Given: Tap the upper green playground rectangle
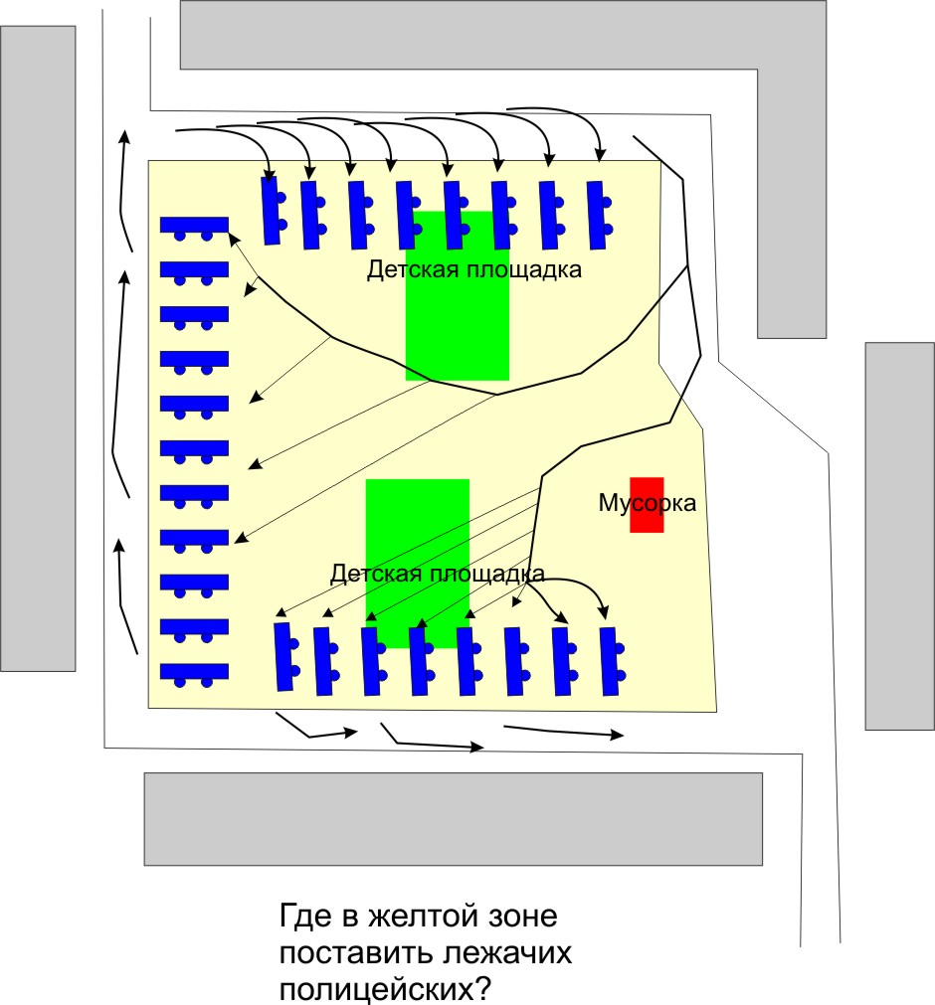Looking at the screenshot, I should (457, 328).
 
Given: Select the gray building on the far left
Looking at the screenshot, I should (38, 348).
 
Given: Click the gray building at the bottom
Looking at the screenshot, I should (454, 818).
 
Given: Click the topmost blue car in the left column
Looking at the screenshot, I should (194, 226).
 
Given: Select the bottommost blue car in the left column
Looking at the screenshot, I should (194, 672).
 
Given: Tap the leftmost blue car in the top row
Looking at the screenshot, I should (271, 211).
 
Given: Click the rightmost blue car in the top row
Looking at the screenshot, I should (598, 215).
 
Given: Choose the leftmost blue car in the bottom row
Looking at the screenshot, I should (284, 656).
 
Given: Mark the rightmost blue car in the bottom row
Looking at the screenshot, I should (611, 661).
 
